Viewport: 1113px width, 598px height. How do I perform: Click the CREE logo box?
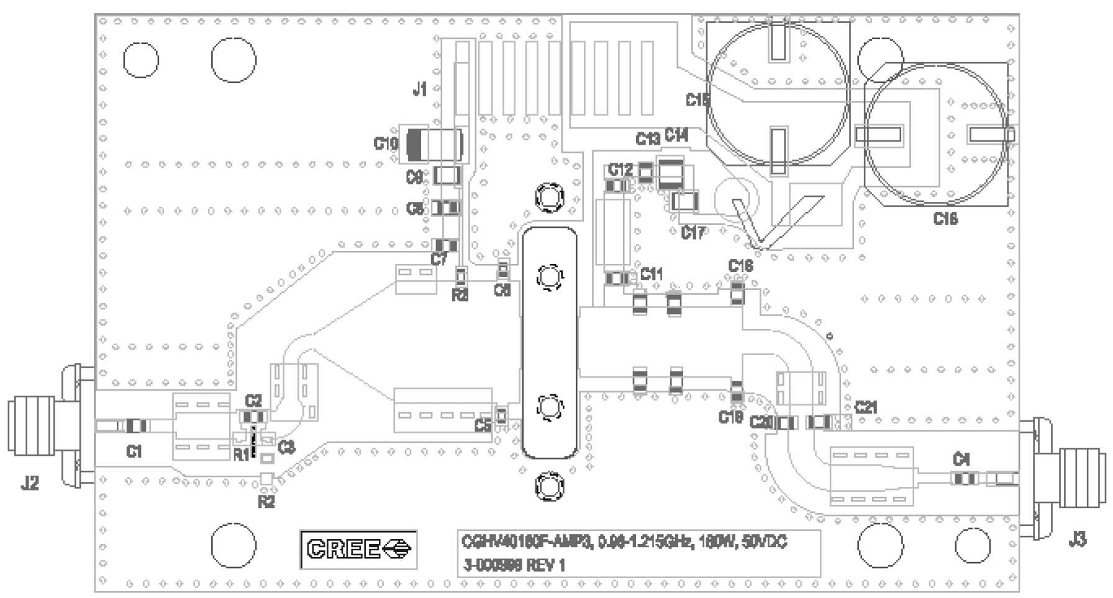coord(358,549)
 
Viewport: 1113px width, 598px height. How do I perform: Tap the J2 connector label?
coord(30,482)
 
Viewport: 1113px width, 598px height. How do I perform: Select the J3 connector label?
coord(1078,540)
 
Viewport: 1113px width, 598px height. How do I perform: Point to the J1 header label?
coord(420,89)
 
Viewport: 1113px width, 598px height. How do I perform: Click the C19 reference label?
coord(385,143)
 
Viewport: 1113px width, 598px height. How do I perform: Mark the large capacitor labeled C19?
coord(434,144)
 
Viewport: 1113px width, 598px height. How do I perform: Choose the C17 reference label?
coord(693,233)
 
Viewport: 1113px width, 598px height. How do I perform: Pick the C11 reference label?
coord(651,274)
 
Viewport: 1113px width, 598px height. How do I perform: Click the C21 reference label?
coord(866,407)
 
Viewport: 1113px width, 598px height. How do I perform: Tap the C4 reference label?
coord(961,460)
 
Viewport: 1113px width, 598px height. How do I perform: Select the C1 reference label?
coord(134,451)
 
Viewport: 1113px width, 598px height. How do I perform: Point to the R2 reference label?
coord(266,502)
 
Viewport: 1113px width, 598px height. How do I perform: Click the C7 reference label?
coord(439,259)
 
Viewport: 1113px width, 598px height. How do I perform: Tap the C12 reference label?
coord(620,169)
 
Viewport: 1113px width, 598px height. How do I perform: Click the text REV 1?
coord(546,566)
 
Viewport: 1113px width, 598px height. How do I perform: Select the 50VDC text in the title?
coord(765,542)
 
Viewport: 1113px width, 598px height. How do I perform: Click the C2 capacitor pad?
coord(253,417)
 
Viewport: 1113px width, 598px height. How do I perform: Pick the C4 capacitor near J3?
coord(965,479)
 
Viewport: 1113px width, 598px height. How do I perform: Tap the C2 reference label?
coord(253,401)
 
